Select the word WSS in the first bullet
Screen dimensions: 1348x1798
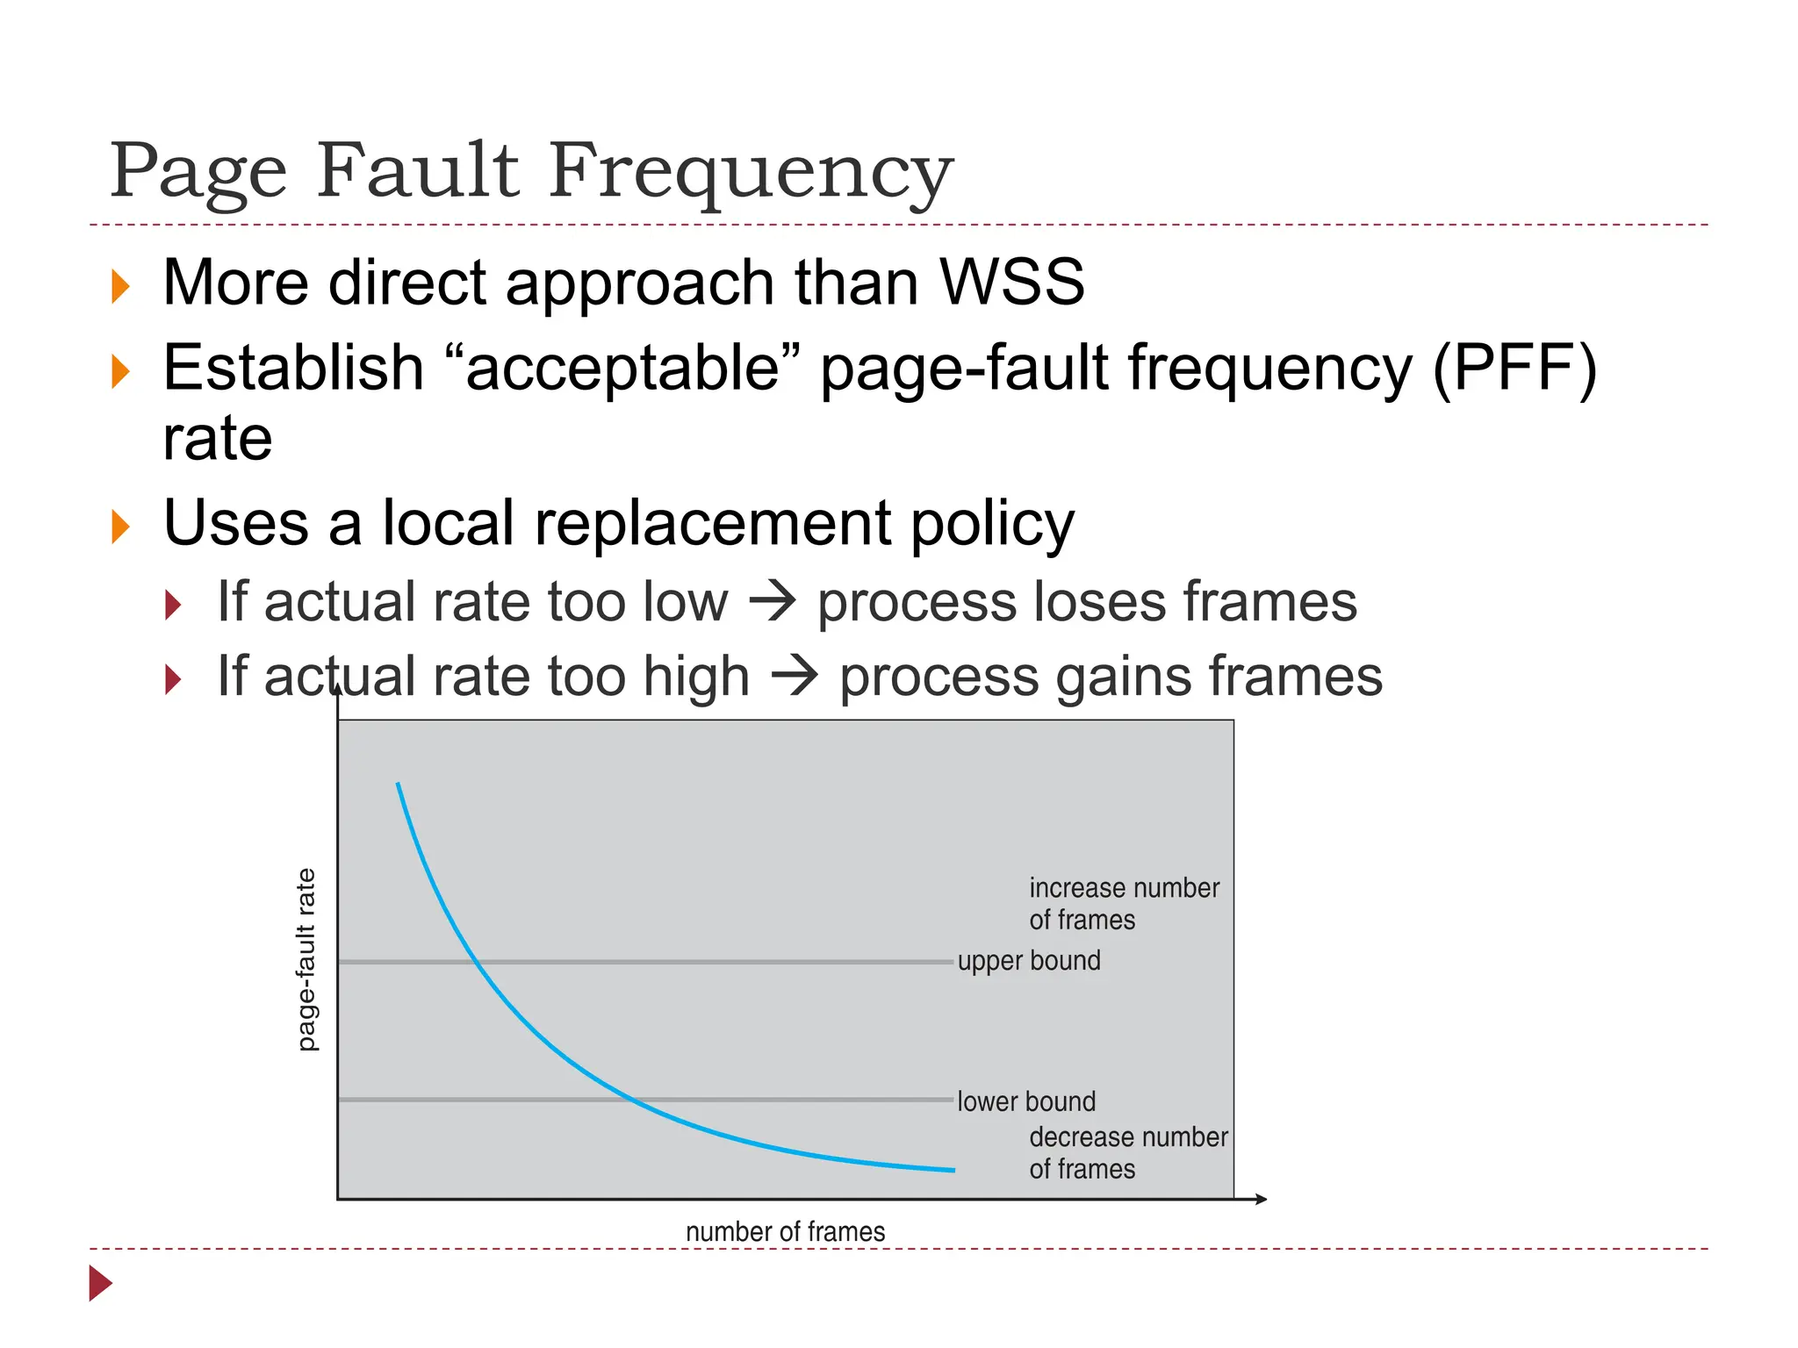tap(1011, 283)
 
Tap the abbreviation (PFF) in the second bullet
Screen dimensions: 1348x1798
tap(1514, 369)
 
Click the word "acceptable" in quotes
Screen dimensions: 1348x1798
tap(622, 369)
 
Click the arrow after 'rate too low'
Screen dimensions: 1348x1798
tap(773, 603)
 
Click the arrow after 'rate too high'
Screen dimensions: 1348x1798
tap(795, 678)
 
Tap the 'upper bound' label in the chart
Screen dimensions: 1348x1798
tap(1028, 961)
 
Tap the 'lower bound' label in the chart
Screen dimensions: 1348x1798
tap(1025, 1101)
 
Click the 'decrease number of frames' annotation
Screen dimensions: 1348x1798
tap(1127, 1153)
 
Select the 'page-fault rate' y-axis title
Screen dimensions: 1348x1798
tap(306, 959)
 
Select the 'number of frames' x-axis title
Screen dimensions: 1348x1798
tap(785, 1232)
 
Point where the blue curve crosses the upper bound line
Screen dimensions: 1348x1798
tap(477, 963)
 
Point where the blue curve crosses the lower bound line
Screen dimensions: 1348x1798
tap(630, 1100)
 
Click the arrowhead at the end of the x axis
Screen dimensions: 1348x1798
tap(1261, 1199)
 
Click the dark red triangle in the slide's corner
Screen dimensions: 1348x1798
tap(100, 1283)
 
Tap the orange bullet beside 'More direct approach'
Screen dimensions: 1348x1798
tap(120, 287)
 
